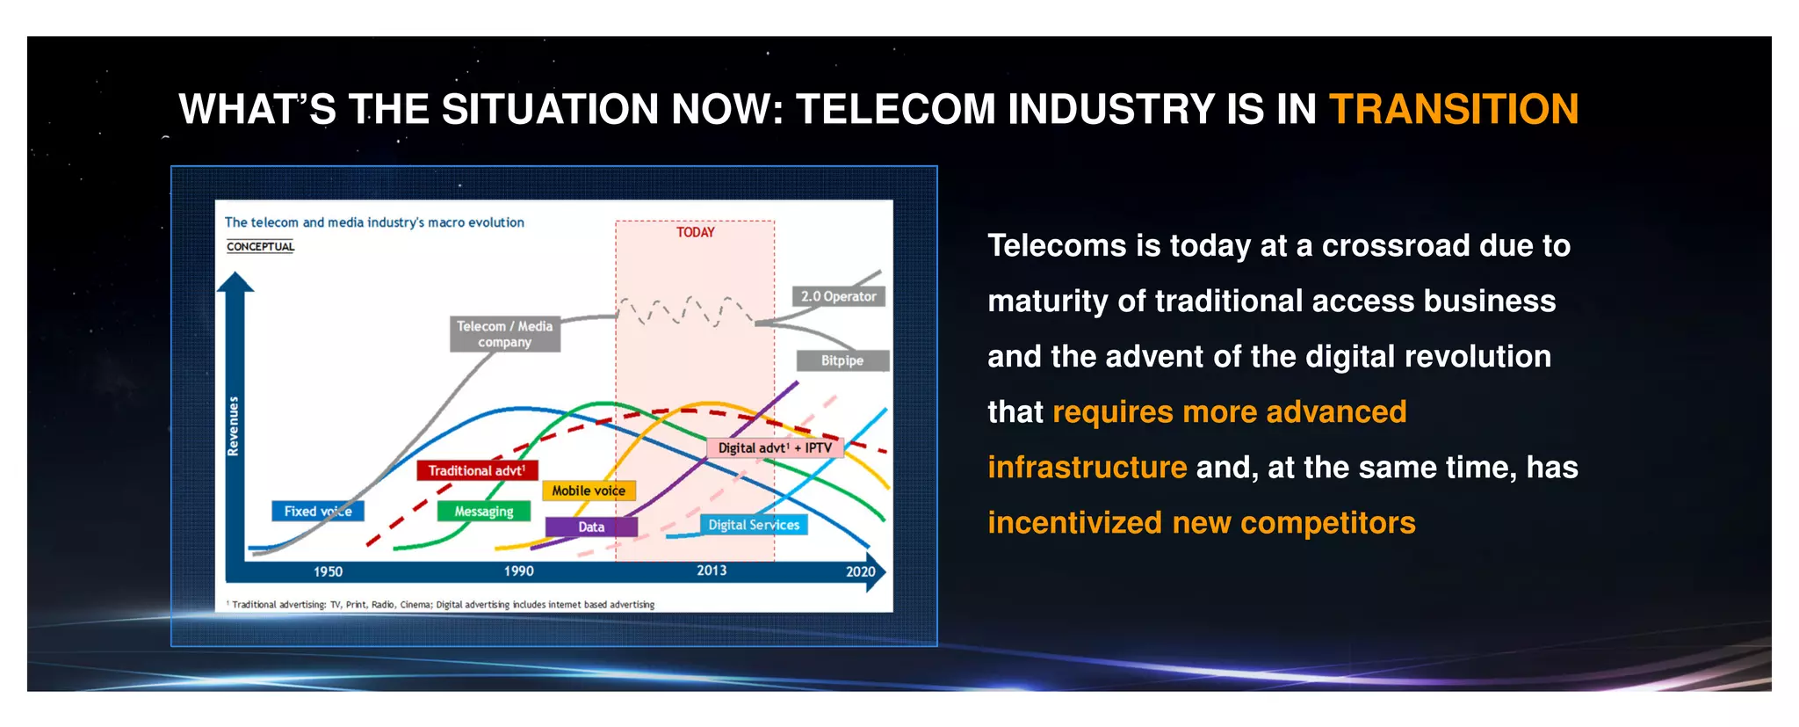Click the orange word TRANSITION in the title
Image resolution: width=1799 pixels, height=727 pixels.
(1454, 110)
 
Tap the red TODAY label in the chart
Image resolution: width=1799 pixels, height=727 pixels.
(695, 232)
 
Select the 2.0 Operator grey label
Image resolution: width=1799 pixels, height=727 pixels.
(838, 296)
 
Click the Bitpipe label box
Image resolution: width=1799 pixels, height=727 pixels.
(842, 360)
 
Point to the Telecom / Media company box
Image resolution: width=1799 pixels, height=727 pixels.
(505, 334)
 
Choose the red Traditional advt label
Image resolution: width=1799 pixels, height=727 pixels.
(477, 470)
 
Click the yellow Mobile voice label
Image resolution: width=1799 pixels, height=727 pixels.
(589, 491)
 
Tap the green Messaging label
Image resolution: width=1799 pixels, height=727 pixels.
(484, 511)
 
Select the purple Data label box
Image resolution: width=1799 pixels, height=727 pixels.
(591, 527)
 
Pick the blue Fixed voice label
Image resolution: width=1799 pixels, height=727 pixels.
(317, 511)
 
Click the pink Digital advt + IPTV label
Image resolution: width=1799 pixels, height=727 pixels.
(775, 447)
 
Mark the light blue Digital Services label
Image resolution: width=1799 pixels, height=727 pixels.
(754, 525)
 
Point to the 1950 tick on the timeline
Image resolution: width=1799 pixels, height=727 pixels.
(328, 571)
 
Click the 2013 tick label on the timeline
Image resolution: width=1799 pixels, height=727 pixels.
(712, 571)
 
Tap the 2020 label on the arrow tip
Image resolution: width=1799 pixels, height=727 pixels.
(860, 571)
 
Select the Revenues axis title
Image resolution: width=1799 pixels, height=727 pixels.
(233, 426)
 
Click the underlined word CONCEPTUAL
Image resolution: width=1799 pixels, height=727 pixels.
(260, 246)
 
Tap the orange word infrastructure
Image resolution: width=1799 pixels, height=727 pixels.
(1087, 467)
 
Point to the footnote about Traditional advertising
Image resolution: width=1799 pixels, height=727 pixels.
(442, 605)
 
